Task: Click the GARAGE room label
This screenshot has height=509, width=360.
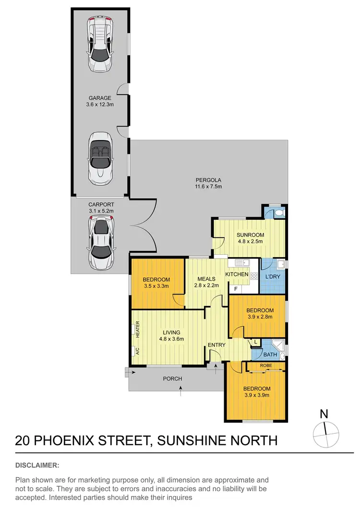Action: point(99,98)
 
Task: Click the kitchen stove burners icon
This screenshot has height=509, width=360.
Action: point(253,276)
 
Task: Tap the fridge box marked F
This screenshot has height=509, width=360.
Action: point(235,289)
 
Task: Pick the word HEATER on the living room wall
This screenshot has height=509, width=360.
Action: point(137,329)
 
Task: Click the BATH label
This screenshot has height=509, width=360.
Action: point(269,355)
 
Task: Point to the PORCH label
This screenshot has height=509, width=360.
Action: point(172,379)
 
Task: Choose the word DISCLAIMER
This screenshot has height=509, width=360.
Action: point(37,465)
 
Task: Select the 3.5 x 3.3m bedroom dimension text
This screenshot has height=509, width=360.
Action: point(156,286)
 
